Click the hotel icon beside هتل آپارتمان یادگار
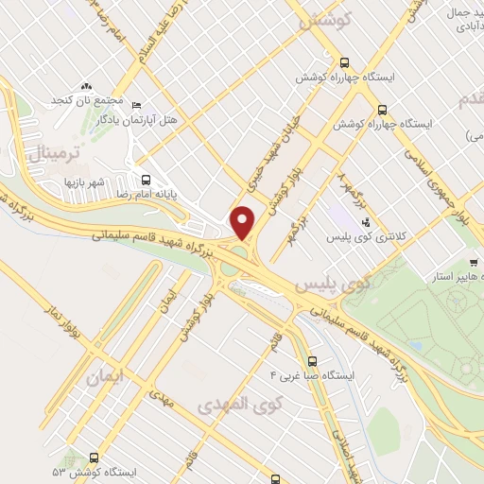[135, 105]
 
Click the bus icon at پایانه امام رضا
[145, 176]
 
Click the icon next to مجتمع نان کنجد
[86, 86]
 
